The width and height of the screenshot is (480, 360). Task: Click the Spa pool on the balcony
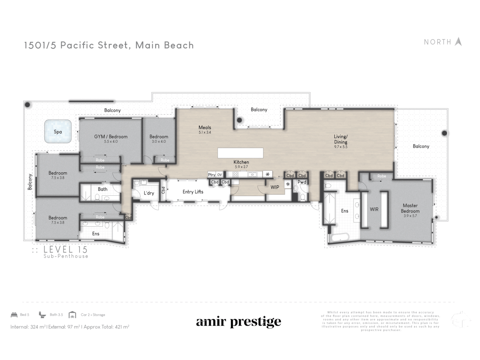(58, 132)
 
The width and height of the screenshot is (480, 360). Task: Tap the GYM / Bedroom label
(111, 137)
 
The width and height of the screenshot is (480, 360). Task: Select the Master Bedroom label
(410, 208)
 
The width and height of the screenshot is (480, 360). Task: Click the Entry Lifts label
(193, 192)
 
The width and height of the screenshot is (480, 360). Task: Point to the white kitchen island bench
(240, 153)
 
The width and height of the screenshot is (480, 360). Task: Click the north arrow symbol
(458, 42)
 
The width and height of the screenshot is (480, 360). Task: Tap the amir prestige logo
(238, 322)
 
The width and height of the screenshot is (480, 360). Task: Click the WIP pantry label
(275, 187)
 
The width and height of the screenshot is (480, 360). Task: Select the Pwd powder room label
(302, 182)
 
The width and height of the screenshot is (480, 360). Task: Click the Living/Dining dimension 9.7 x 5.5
(341, 147)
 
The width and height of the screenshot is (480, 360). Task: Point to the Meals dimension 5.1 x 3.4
(205, 132)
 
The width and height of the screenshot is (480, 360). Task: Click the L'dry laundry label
(149, 193)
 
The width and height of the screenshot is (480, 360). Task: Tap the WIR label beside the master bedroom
(374, 209)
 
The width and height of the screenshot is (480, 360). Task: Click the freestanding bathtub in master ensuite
(339, 238)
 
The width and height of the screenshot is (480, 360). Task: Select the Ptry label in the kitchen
(211, 175)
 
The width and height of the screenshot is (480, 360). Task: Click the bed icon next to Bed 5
(14, 315)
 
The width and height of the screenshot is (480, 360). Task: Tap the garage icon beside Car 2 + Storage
(72, 315)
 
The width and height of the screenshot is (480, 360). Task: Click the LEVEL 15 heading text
(65, 249)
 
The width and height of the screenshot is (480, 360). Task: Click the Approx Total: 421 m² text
(106, 327)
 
